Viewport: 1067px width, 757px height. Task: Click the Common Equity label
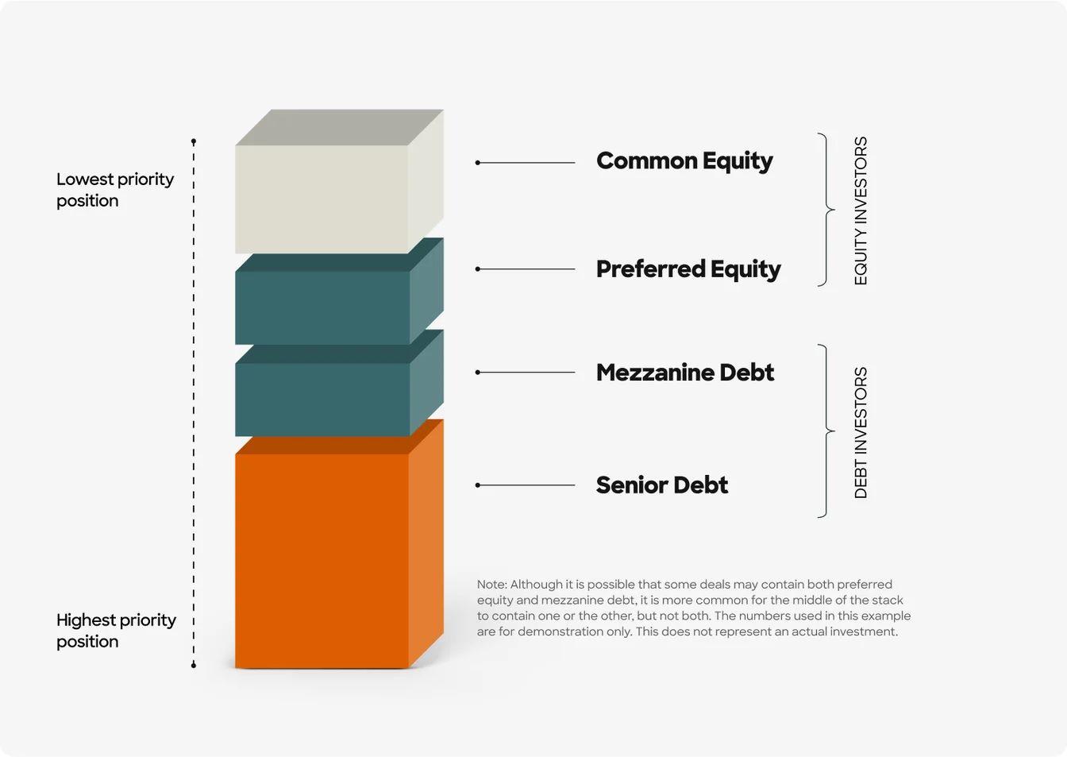pyautogui.click(x=684, y=161)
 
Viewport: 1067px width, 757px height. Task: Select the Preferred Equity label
pyautogui.click(x=688, y=269)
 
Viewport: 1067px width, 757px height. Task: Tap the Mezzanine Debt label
pyautogui.click(x=684, y=373)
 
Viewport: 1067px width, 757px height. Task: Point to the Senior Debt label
pyautogui.click(x=661, y=485)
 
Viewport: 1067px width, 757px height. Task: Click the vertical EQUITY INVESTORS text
pyautogui.click(x=861, y=210)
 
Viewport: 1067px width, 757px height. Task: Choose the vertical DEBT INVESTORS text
pyautogui.click(x=861, y=432)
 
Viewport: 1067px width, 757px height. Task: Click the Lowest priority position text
pyautogui.click(x=114, y=190)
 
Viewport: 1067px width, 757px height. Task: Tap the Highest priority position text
pyautogui.click(x=116, y=631)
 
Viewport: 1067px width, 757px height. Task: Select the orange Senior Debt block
pyautogui.click(x=322, y=560)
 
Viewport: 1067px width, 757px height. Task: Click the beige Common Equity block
pyautogui.click(x=322, y=199)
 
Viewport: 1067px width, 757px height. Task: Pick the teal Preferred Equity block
pyautogui.click(x=322, y=307)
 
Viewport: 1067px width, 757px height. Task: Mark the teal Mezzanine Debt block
pyautogui.click(x=322, y=399)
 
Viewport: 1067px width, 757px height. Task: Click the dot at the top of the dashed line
pyautogui.click(x=194, y=141)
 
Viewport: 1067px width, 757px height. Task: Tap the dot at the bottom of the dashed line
pyautogui.click(x=194, y=665)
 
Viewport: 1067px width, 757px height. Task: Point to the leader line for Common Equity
pyautogui.click(x=526, y=163)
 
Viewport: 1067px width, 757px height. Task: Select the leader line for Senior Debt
pyautogui.click(x=526, y=485)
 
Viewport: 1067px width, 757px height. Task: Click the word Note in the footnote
pyautogui.click(x=491, y=585)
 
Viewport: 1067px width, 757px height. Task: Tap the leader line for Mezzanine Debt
pyautogui.click(x=526, y=373)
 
